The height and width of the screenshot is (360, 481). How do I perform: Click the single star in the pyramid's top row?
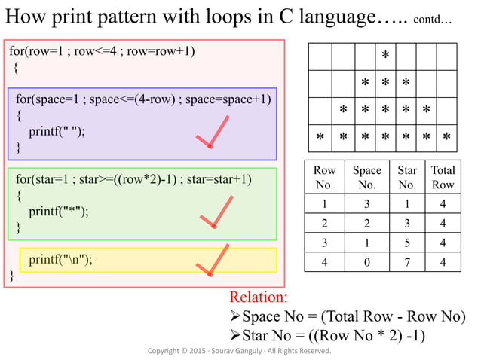[x=385, y=56]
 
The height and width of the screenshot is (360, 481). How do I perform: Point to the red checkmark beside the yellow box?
[x=212, y=260]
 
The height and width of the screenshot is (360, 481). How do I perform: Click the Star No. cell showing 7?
[x=407, y=263]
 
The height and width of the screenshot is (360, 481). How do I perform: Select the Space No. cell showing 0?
[x=366, y=263]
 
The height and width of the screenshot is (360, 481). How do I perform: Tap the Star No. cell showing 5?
[x=407, y=243]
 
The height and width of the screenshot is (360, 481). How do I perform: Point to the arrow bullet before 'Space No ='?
[x=234, y=316]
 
